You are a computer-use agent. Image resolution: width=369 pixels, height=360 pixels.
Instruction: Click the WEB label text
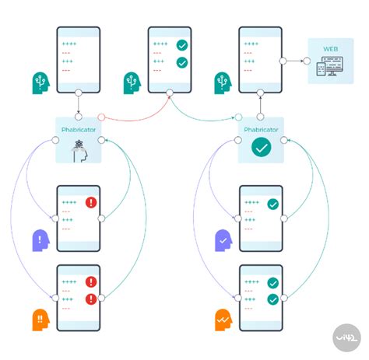(330, 49)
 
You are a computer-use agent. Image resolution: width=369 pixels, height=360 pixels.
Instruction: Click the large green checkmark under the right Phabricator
(261, 147)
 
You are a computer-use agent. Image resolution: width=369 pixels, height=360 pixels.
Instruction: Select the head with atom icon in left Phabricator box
(79, 152)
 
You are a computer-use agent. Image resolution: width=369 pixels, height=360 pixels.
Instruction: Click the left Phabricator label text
(79, 130)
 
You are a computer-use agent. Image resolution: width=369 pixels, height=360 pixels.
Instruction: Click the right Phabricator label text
(261, 130)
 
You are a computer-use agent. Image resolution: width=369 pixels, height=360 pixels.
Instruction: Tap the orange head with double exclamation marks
(40, 320)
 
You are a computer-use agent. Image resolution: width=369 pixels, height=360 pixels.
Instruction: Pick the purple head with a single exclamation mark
(40, 240)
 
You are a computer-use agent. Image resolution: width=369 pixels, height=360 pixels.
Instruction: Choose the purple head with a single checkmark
(223, 240)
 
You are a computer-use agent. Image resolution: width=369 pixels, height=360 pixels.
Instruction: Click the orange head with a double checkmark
(223, 320)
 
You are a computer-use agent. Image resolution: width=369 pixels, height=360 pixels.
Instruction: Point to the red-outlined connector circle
(101, 117)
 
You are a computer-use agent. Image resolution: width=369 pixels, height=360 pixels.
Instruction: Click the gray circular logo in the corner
(346, 337)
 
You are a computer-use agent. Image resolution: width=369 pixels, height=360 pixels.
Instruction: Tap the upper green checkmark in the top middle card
(182, 45)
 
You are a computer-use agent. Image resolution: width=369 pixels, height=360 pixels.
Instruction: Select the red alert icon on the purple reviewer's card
(91, 202)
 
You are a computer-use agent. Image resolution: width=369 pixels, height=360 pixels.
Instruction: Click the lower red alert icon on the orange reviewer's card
(91, 299)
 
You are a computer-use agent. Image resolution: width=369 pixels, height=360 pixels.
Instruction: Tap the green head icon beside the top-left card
(40, 83)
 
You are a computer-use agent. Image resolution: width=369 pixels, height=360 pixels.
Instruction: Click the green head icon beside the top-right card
(223, 83)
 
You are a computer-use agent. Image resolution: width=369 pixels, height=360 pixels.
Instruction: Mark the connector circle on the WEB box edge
(307, 61)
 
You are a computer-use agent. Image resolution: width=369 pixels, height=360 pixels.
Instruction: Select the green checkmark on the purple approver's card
(272, 204)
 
